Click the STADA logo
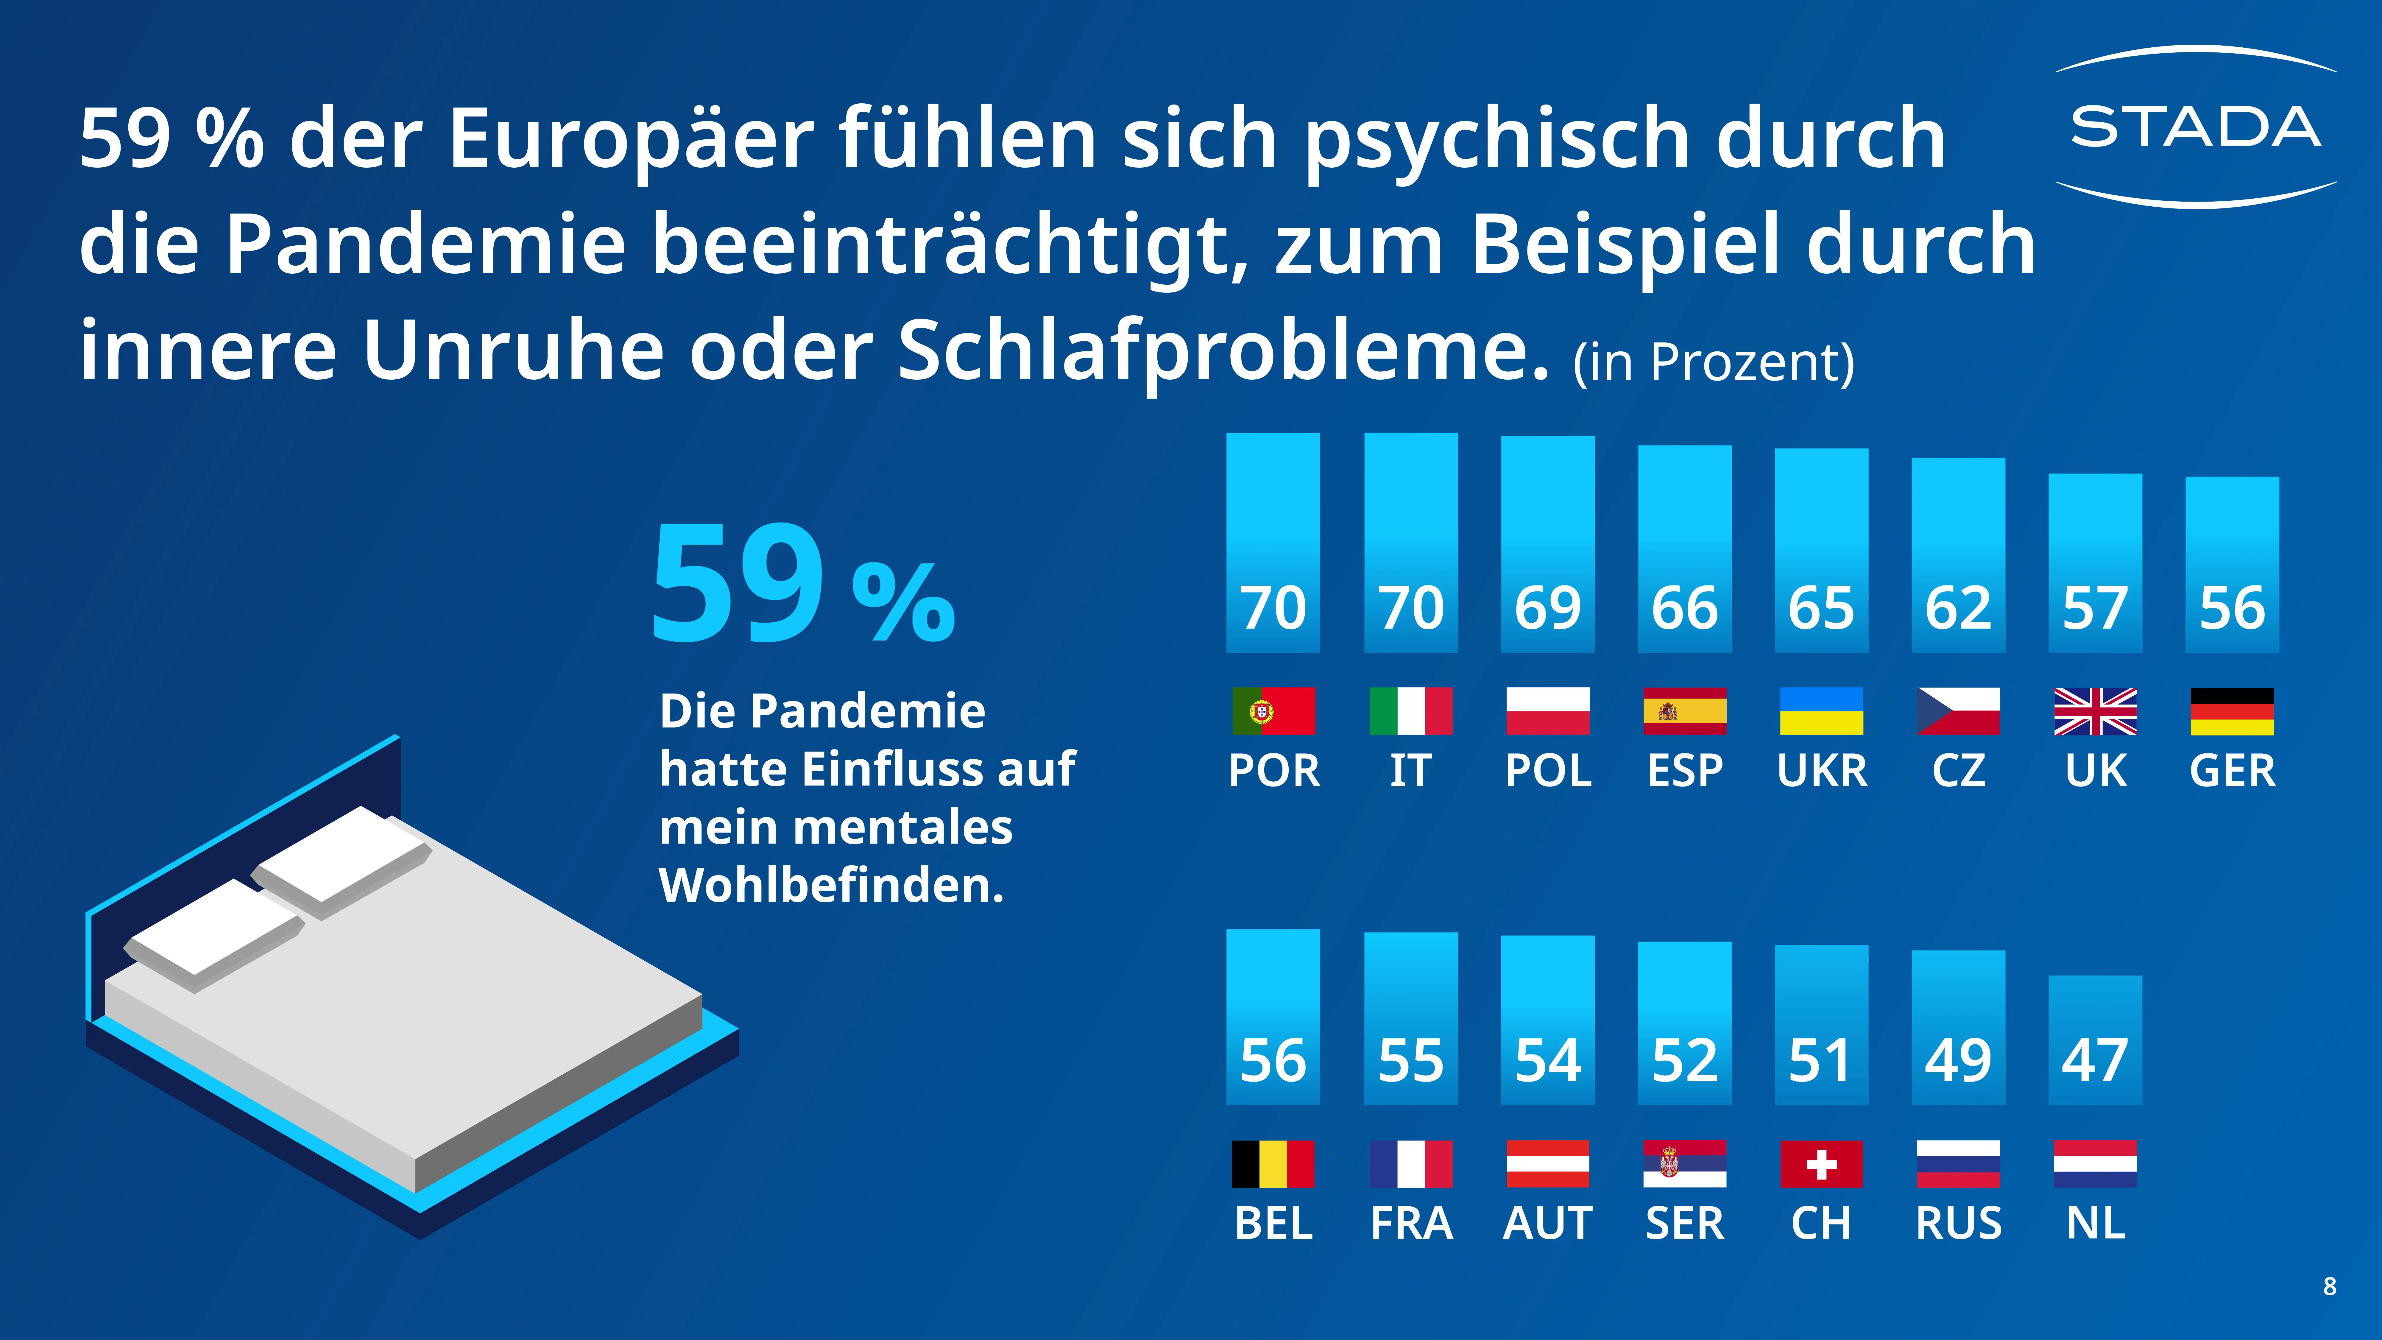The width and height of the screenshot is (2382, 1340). click(x=2195, y=128)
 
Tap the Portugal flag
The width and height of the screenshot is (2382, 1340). click(x=1273, y=711)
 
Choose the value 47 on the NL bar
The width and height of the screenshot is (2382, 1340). click(x=2094, y=1060)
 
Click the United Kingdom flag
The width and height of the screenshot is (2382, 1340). click(x=2095, y=711)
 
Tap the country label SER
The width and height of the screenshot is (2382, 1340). click(x=1684, y=1224)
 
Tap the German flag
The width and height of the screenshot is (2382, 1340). click(x=2231, y=711)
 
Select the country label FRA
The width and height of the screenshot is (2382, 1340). click(x=1411, y=1224)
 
